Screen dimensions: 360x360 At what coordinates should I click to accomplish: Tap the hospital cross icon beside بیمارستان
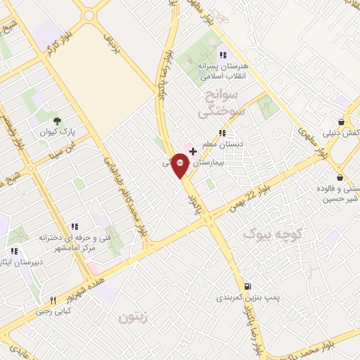[193, 151]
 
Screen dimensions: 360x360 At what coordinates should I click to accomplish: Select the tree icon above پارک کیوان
[58, 120]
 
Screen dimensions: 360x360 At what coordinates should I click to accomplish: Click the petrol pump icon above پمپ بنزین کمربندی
[247, 286]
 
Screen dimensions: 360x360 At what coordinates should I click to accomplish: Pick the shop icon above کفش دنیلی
[341, 121]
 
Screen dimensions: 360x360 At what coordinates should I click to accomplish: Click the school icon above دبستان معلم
[222, 133]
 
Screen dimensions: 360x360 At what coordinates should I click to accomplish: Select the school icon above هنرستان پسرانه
[223, 55]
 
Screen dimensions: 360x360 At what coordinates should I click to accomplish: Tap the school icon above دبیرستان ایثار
[13, 250]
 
